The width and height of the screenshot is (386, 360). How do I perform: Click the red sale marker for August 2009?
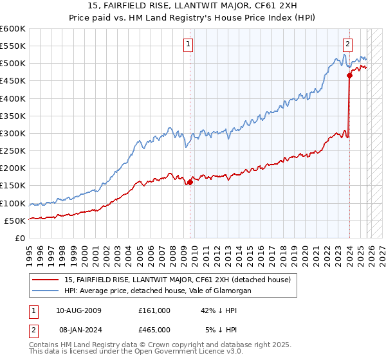(190, 182)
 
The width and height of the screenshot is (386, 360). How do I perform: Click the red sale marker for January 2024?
(349, 76)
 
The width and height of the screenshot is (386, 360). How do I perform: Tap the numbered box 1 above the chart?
(188, 44)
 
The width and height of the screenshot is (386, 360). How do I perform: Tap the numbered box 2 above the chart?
(347, 44)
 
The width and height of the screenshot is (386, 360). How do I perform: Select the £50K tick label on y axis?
(15, 221)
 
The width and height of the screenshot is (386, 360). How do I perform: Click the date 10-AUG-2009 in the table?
(78, 310)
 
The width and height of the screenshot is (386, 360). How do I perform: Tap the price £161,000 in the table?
(154, 310)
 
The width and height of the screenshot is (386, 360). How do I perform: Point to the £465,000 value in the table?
(154, 330)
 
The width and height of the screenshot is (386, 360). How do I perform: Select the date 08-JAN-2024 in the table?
(78, 330)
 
